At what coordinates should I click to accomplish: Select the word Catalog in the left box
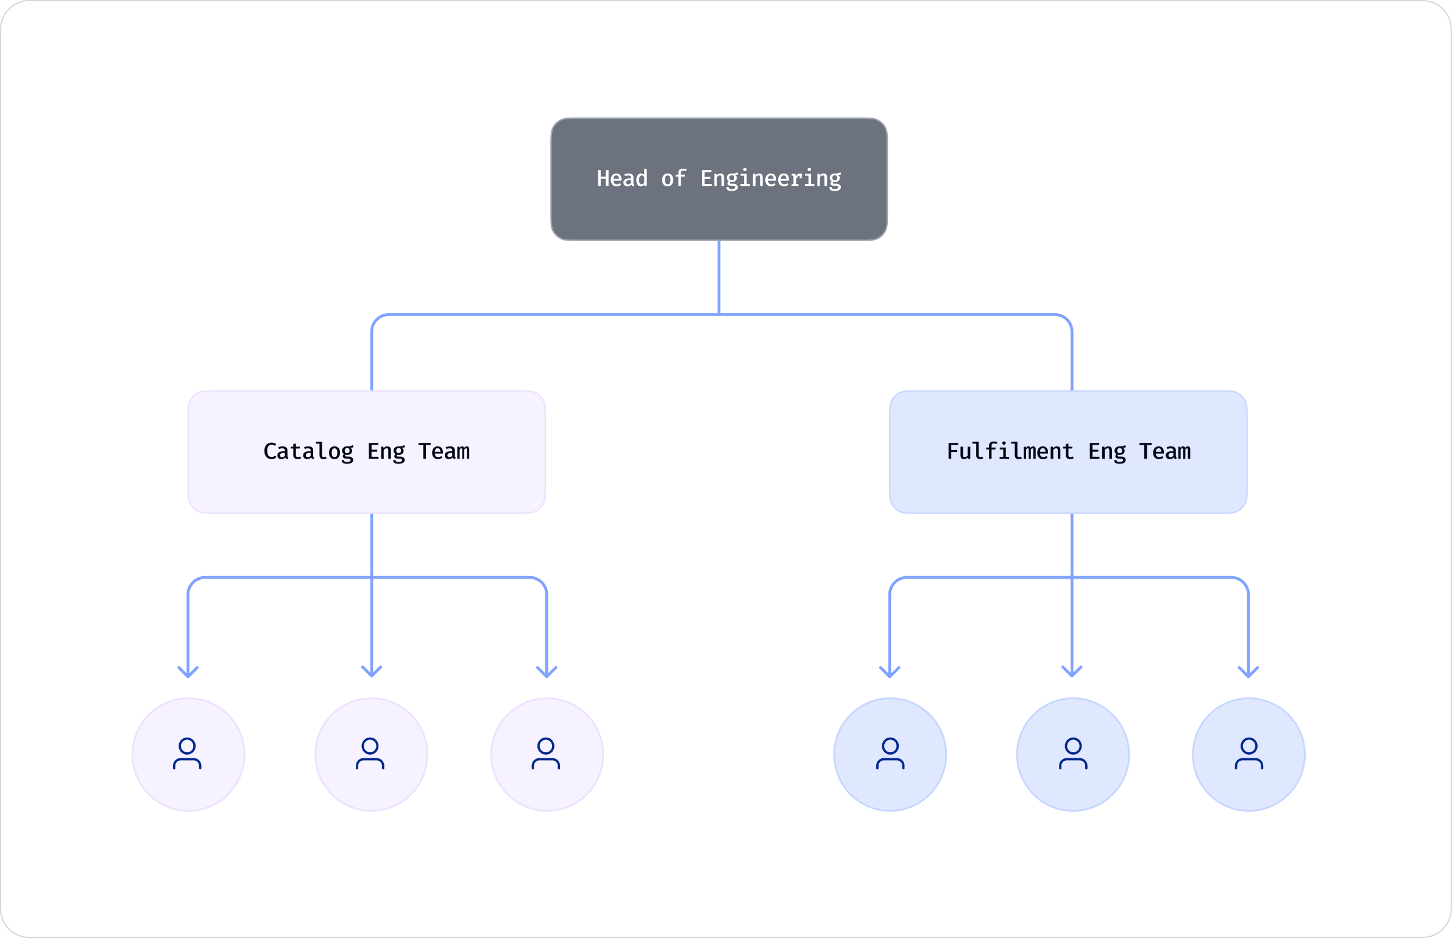(308, 452)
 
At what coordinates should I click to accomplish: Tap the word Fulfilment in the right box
(1010, 452)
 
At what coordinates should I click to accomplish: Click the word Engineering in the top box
(770, 179)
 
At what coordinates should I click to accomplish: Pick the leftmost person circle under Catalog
(188, 755)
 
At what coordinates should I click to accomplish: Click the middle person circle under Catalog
(371, 755)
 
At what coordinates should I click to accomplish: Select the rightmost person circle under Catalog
(547, 755)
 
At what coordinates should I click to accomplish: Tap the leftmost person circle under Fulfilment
(890, 755)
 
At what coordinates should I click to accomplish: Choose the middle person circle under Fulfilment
(1072, 755)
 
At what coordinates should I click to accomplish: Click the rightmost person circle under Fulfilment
(1248, 755)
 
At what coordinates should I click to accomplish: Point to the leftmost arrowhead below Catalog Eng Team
(188, 672)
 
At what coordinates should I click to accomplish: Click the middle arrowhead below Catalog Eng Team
(372, 672)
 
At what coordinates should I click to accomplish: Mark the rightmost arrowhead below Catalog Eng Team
(547, 672)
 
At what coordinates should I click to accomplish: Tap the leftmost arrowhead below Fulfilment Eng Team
(890, 672)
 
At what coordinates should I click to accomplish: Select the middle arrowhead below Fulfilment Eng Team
(1072, 672)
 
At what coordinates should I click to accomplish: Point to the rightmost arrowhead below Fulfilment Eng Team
(1248, 672)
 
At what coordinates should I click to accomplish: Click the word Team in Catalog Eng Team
(444, 452)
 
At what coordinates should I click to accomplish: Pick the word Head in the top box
(622, 179)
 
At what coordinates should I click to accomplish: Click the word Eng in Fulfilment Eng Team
(1107, 452)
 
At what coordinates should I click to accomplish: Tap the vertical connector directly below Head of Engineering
(719, 277)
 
